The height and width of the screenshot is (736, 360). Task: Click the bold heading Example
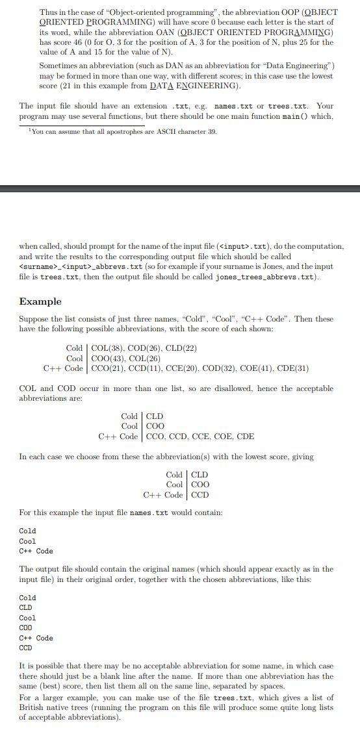tap(40, 301)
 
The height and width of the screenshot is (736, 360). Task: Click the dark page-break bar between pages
tap(180, 188)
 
